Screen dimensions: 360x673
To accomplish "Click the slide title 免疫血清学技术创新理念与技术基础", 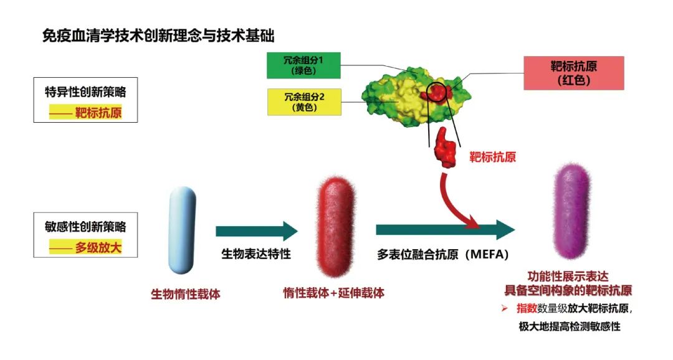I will pyautogui.click(x=158, y=35).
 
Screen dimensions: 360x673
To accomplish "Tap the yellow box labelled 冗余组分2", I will pyautogui.click(x=304, y=102).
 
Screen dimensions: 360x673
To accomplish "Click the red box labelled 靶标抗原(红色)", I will pyautogui.click(x=574, y=73).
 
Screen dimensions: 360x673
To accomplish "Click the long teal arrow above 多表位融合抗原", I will pyautogui.click(x=445, y=230).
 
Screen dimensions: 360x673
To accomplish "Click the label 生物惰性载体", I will pyautogui.click(x=185, y=293).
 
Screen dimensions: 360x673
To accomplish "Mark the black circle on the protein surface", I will pyautogui.click(x=437, y=92).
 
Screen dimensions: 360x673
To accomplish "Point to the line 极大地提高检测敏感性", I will pyautogui.click(x=570, y=326).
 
